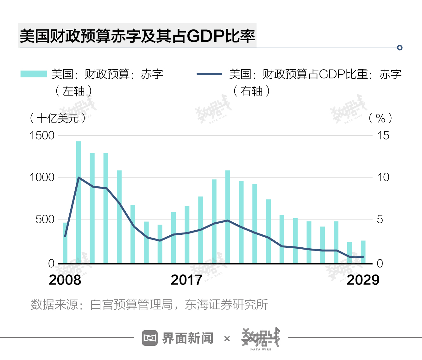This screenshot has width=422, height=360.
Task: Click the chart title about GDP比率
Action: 137,36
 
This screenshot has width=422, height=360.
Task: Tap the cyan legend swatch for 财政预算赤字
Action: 34,74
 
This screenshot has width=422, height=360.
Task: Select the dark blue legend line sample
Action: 209,74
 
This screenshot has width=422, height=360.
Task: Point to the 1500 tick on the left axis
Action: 42,136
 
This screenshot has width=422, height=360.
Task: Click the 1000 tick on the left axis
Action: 42,177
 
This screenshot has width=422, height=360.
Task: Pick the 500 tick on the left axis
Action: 45,219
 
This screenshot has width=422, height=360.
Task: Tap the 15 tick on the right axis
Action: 383,136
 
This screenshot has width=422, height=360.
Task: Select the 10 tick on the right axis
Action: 383,177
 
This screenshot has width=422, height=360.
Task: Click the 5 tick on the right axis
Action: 380,219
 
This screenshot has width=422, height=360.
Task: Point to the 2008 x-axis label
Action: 65,280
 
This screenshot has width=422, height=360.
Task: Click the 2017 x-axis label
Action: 186,280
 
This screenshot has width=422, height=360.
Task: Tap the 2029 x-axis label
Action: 363,280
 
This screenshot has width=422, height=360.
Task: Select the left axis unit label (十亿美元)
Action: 58,118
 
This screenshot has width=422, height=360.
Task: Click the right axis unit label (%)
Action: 381,118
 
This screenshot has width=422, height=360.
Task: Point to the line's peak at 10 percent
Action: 79,178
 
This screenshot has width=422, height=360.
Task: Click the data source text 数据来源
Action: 149,305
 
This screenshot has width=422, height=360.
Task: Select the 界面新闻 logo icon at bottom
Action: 150,338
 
